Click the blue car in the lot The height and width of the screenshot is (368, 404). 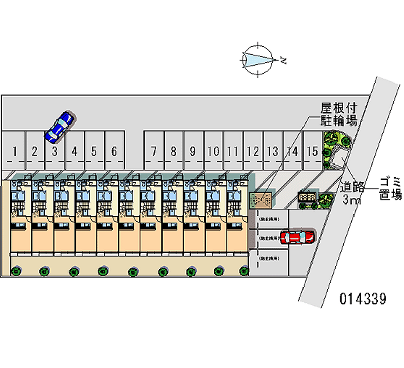coord(60,126)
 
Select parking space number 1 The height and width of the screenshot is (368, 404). coord(16,150)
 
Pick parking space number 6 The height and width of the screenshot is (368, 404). coord(114,150)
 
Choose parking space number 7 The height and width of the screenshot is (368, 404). coord(154,150)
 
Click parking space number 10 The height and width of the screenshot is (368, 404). coord(213,150)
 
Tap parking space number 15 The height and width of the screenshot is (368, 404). coord(312,150)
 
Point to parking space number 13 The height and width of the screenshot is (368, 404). coord(273,150)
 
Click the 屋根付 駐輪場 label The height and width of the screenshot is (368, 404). coord(339,114)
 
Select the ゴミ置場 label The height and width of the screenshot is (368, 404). coord(390,188)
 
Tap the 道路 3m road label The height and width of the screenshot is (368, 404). coord(351,193)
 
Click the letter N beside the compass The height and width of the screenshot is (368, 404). coord(284,61)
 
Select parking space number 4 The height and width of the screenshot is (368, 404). coord(75,150)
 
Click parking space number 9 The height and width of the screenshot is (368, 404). coord(193,150)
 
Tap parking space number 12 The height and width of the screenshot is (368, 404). coord(253,150)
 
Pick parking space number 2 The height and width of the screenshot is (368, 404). coord(35,150)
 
